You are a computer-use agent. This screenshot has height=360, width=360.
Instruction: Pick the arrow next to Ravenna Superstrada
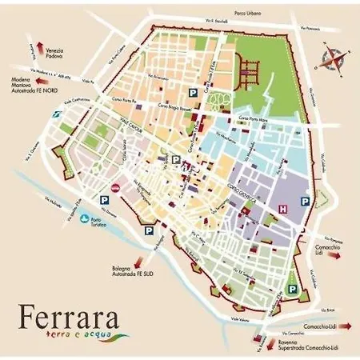260,341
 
